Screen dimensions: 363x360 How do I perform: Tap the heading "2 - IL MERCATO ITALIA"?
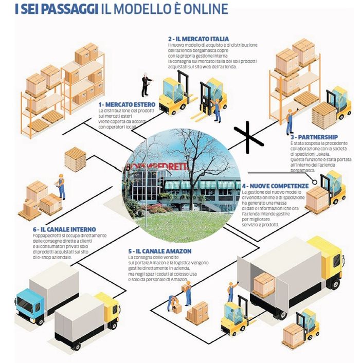click(198, 39)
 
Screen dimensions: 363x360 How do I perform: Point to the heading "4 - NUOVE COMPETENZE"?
click(275, 186)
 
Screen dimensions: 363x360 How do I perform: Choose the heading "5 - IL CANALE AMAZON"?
click(160, 250)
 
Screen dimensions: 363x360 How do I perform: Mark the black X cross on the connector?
click(252, 136)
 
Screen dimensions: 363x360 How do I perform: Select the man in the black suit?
click(146, 85)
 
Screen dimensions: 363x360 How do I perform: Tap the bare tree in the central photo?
click(198, 170)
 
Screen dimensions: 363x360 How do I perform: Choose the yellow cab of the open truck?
click(332, 257)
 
